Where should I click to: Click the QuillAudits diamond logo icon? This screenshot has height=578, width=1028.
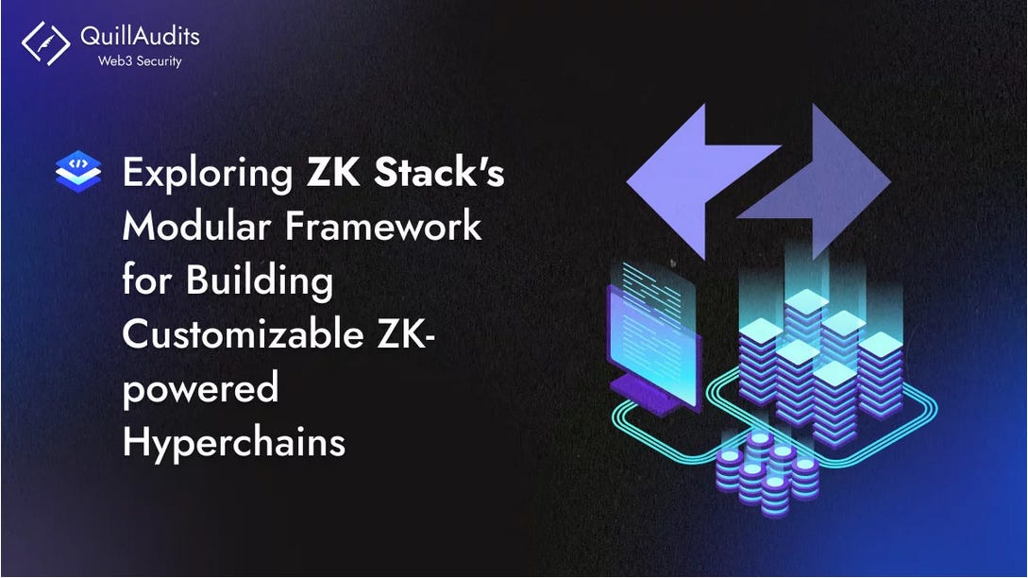tap(46, 42)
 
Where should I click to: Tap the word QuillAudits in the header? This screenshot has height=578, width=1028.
tap(141, 37)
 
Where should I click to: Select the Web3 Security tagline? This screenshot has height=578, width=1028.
tap(141, 61)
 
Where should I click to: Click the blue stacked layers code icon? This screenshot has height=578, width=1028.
tap(78, 174)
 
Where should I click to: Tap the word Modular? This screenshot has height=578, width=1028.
tap(192, 228)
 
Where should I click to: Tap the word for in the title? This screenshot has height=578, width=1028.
tap(147, 281)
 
